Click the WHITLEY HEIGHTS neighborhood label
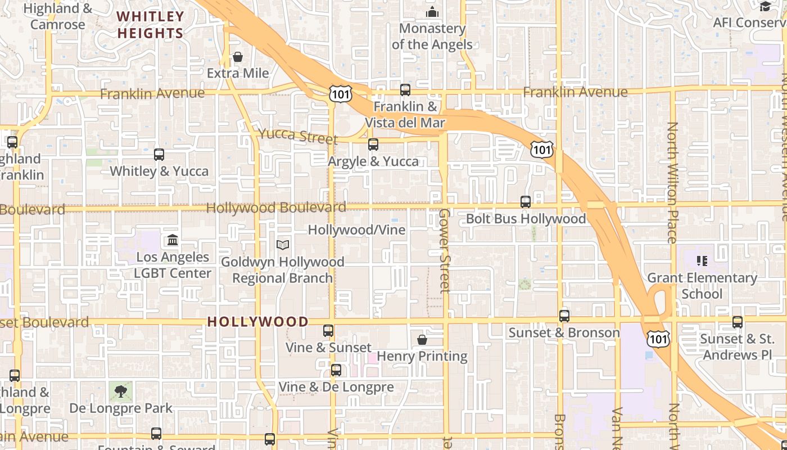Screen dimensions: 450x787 pos(150,25)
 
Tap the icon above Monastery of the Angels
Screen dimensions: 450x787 pos(432,11)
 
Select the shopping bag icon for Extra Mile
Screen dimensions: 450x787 pos(238,57)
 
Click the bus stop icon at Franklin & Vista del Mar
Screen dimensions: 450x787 pos(405,89)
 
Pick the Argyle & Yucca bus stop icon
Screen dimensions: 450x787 pos(373,145)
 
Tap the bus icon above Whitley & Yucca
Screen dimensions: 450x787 pos(159,154)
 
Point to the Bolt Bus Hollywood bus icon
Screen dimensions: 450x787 pos(526,201)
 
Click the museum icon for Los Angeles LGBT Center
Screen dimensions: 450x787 pos(173,240)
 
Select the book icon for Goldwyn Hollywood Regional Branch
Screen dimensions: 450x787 pos(283,245)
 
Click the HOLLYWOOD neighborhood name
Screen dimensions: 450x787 pos(258,322)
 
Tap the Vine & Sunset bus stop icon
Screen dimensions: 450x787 pos(328,331)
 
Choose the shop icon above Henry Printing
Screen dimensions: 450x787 pos(422,340)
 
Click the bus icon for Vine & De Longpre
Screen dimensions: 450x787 pos(336,370)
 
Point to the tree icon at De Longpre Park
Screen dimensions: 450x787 pos(120,391)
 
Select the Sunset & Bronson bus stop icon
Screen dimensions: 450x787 pos(564,316)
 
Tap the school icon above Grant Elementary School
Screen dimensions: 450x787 pos(702,260)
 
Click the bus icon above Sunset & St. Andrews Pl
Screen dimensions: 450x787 pos(738,322)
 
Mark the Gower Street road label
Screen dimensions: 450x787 pos(445,251)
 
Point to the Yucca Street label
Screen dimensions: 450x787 pos(298,136)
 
